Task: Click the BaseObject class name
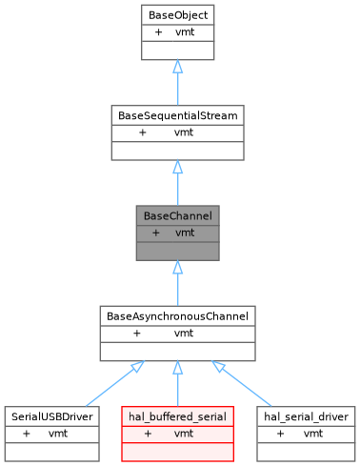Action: (177, 15)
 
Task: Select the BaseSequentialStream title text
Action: (177, 115)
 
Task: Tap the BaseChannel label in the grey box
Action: (177, 215)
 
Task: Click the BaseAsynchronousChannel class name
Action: (177, 315)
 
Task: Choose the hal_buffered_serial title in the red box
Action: (177, 416)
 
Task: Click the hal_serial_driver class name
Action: (307, 416)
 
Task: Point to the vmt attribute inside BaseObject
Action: (186, 32)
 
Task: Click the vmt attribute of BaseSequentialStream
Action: (185, 132)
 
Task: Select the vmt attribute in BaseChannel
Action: (186, 233)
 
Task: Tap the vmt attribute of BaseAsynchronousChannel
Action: (185, 334)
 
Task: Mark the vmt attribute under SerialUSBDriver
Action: (58, 434)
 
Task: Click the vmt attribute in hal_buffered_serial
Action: (185, 434)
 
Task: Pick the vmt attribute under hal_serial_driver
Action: (313, 434)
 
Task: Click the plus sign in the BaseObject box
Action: (158, 32)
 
